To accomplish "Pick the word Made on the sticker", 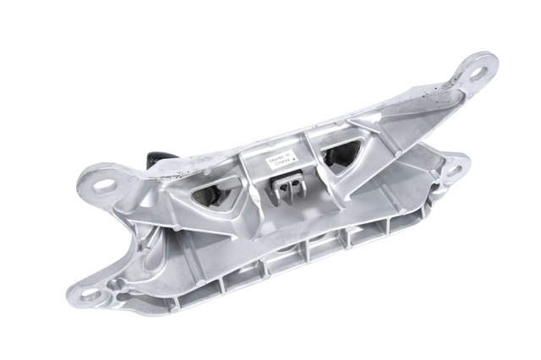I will click(275, 157).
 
